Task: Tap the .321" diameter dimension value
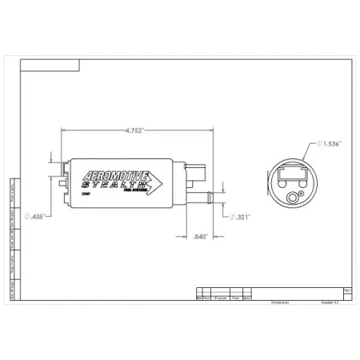pyautogui.click(x=240, y=217)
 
